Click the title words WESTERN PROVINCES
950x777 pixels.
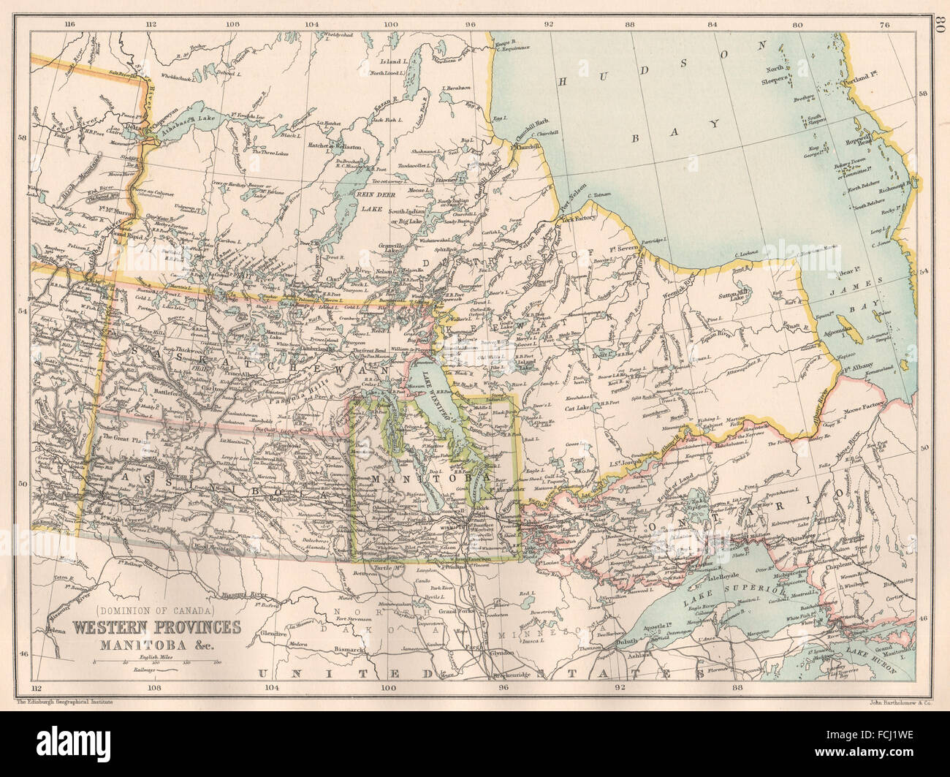[x=156, y=627]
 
